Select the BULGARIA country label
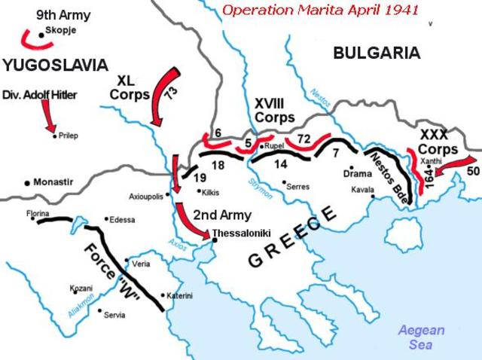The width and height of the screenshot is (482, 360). point(376,53)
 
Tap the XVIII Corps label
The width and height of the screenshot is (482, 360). point(274,110)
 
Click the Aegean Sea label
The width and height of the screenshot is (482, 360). point(422,337)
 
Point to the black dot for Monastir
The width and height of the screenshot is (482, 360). point(27,182)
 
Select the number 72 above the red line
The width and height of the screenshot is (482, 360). point(304,139)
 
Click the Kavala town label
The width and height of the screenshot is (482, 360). point(362,190)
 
